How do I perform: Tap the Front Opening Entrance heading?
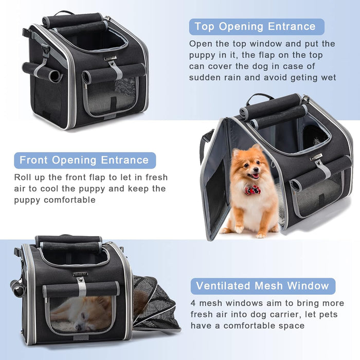[x=84, y=160]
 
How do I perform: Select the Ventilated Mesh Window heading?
[x=263, y=286]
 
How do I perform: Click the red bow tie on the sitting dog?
[x=252, y=190]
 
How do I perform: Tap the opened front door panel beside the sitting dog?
[x=215, y=180]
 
